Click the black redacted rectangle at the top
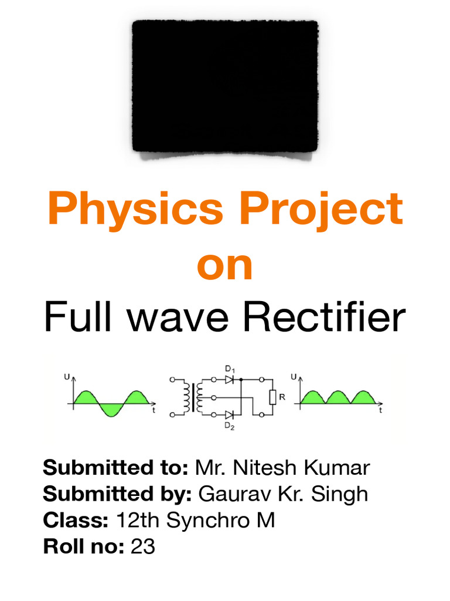pos(225,86)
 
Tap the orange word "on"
pos(225,265)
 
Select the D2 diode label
pos(229,427)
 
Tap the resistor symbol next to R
pos(272,398)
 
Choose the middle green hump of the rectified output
pos(338,398)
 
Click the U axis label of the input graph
pos(65,380)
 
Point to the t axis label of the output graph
pos(380,412)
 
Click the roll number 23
pos(142,546)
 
